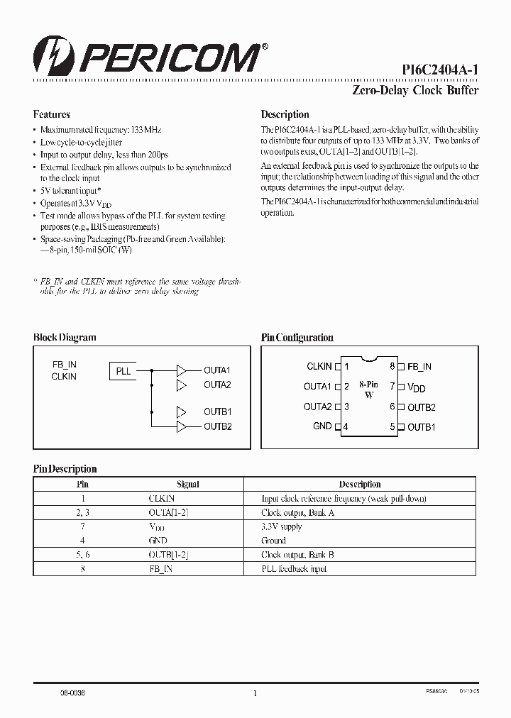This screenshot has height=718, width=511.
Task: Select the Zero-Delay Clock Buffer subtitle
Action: pyautogui.click(x=415, y=90)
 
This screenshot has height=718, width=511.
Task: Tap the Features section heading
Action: pyautogui.click(x=51, y=114)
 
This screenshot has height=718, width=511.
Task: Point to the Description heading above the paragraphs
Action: pyautogui.click(x=285, y=114)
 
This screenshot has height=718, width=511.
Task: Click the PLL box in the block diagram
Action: pyautogui.click(x=123, y=370)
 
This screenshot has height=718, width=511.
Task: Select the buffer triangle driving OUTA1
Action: pyautogui.click(x=182, y=370)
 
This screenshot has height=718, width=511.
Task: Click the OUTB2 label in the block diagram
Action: pyautogui.click(x=218, y=426)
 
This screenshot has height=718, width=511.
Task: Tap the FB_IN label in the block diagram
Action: pyautogui.click(x=64, y=365)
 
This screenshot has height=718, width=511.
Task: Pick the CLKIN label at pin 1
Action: pyautogui.click(x=319, y=367)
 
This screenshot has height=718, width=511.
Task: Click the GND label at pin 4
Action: pyautogui.click(x=322, y=426)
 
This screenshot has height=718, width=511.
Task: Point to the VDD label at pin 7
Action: pyautogui.click(x=416, y=388)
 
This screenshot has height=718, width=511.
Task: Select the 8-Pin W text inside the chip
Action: pyautogui.click(x=368, y=390)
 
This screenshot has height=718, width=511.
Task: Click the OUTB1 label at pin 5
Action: pyautogui.click(x=422, y=427)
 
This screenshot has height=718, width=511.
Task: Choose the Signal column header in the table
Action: pyautogui.click(x=188, y=485)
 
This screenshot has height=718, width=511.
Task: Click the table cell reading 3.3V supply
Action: pyautogui.click(x=282, y=527)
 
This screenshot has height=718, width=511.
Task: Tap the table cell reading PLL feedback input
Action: pyautogui.click(x=294, y=569)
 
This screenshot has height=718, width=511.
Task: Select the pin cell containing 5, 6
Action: pyautogui.click(x=82, y=555)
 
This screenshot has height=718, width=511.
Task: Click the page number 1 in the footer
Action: pyautogui.click(x=255, y=693)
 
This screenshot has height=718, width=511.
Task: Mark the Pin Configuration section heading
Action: pyautogui.click(x=297, y=338)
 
